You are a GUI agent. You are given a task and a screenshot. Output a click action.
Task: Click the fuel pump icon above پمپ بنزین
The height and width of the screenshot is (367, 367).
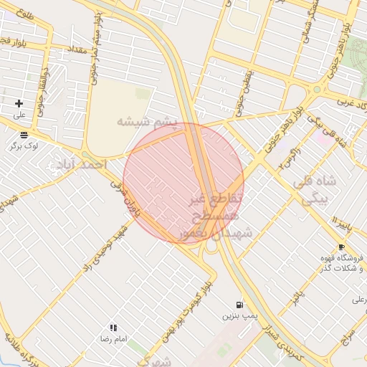point(239,305)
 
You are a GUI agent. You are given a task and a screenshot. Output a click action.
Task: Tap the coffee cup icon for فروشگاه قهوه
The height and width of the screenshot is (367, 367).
point(341,247)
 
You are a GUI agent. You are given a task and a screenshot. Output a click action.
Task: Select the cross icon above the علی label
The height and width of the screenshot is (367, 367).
point(19,104)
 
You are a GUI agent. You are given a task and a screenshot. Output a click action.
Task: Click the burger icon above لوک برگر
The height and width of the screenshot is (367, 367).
point(24,134)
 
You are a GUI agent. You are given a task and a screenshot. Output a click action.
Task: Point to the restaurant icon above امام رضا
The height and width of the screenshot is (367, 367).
point(113,328)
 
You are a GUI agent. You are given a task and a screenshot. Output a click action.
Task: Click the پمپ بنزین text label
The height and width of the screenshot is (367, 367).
point(238,315)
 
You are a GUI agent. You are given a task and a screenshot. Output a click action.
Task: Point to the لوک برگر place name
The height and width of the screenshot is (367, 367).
point(23,145)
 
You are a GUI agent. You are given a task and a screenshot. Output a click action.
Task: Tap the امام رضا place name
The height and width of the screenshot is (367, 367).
point(113,338)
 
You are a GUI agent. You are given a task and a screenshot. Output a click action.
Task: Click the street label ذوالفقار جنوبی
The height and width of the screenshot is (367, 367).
point(47,87)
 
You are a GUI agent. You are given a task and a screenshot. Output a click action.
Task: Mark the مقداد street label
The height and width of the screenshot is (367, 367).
point(77,51)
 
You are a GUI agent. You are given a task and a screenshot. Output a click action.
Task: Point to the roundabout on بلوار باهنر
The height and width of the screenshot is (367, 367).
point(316,90)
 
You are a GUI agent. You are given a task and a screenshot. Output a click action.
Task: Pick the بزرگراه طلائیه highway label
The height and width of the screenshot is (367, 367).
point(16,351)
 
